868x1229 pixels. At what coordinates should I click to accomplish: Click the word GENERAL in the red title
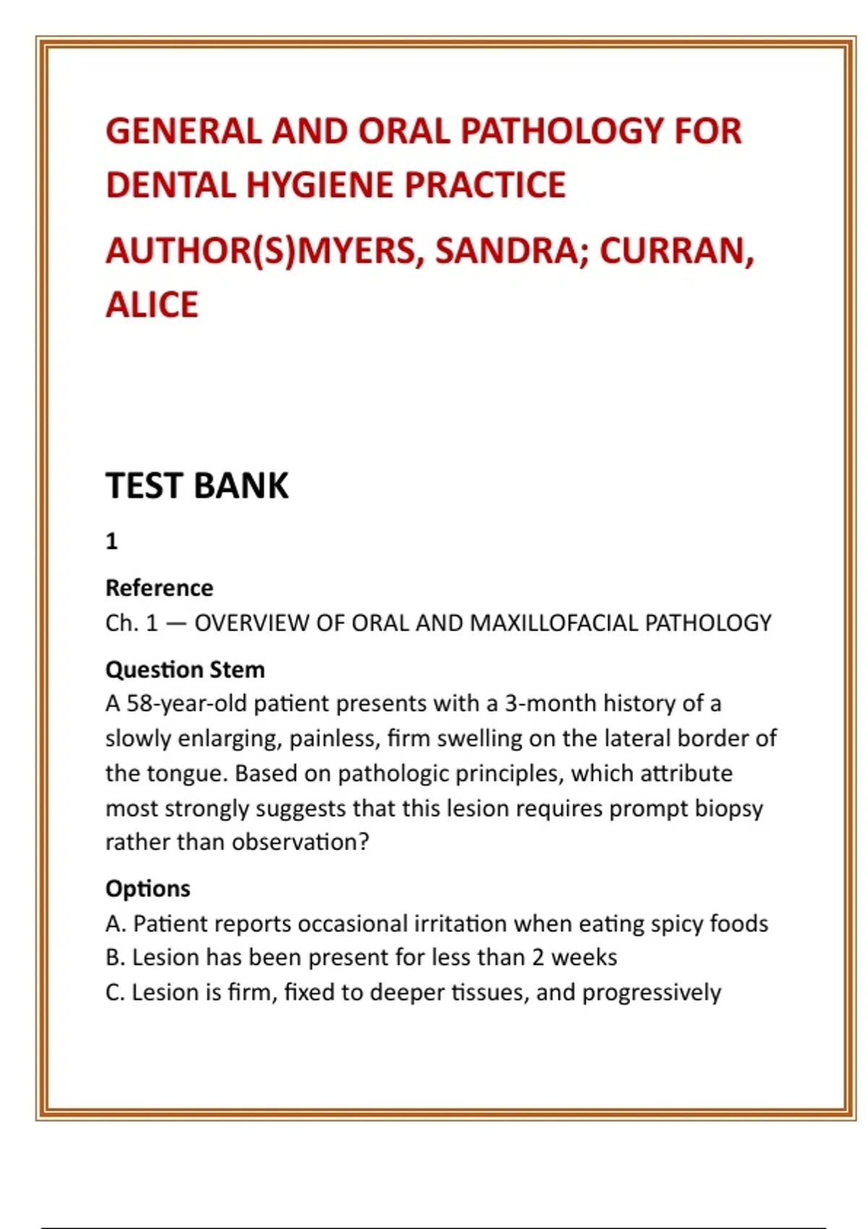183,132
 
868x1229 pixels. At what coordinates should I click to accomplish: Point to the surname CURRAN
676,251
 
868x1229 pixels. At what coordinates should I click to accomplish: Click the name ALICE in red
152,304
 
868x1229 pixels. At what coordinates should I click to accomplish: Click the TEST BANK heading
197,485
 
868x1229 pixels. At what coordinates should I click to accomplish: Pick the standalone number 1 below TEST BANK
111,541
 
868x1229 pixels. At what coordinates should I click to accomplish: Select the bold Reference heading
159,588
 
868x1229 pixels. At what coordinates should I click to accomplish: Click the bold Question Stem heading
185,669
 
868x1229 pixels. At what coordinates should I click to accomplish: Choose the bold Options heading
148,888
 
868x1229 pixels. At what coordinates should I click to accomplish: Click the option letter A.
114,923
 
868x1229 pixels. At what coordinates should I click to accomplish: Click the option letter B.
114,957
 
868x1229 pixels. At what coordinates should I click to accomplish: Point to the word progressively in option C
651,993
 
